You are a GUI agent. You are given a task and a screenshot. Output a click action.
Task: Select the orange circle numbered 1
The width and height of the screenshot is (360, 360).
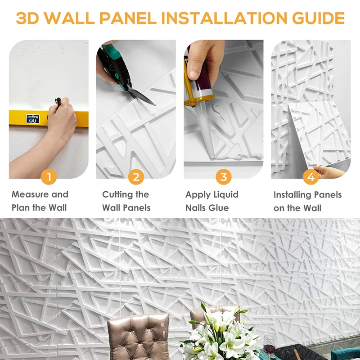pos(49,177)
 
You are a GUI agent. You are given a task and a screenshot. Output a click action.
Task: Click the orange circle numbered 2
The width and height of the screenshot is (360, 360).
pos(136,177)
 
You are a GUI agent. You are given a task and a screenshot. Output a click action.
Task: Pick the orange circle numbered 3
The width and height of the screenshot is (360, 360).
pos(223,177)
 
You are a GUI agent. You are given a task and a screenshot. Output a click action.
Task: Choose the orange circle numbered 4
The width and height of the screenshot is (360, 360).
pos(310,177)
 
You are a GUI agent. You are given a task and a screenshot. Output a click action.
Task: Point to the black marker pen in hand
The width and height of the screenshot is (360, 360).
pos(58,103)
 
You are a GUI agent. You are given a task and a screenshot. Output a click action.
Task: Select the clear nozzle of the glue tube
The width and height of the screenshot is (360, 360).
pos(200,121)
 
